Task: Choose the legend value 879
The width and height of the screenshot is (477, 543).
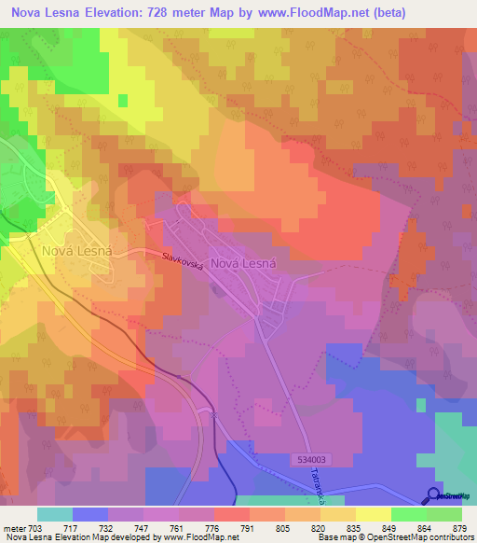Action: pyautogui.click(x=461, y=529)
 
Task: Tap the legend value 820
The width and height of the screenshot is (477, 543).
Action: pyautogui.click(x=320, y=529)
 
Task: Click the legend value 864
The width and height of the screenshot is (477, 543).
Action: pyautogui.click(x=426, y=529)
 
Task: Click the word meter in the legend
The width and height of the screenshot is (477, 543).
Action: pyautogui.click(x=13, y=529)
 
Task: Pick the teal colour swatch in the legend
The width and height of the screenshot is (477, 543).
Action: pyautogui.click(x=54, y=514)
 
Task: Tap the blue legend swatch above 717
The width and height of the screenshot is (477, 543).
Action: pyautogui.click(x=89, y=514)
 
